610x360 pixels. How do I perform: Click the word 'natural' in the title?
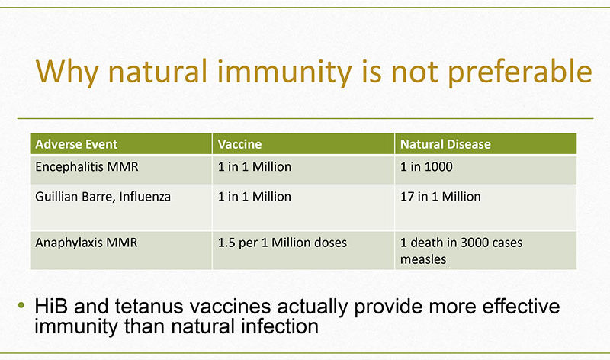coord(157,72)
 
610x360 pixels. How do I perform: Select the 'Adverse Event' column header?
coord(76,144)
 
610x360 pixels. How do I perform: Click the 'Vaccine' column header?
coord(239,144)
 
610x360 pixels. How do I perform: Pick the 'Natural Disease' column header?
coord(445,144)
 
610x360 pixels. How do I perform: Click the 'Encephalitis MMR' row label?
coord(87,166)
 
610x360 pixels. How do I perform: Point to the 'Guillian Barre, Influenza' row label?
coord(103,197)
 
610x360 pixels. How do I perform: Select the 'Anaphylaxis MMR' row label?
coord(86,243)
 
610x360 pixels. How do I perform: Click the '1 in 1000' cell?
coord(426,166)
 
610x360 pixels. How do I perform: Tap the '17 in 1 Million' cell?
coord(441,197)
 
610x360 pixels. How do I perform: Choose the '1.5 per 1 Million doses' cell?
coord(282,243)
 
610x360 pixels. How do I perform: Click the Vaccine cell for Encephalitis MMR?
coord(255,166)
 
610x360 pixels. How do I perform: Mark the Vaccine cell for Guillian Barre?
coord(255,197)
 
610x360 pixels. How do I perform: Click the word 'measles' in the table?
coord(423,259)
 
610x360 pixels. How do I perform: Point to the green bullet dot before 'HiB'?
coord(21,305)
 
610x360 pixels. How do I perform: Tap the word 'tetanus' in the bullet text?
coord(149,307)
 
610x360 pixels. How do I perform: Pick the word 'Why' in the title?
coord(67,72)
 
